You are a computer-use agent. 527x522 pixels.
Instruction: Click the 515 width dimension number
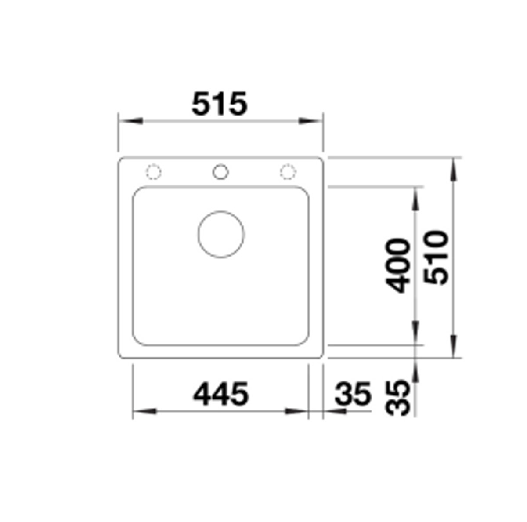coord(219,104)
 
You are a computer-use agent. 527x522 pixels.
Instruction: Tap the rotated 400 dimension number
coord(397,266)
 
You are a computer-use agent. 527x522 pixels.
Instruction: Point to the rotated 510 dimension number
coord(436,257)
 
